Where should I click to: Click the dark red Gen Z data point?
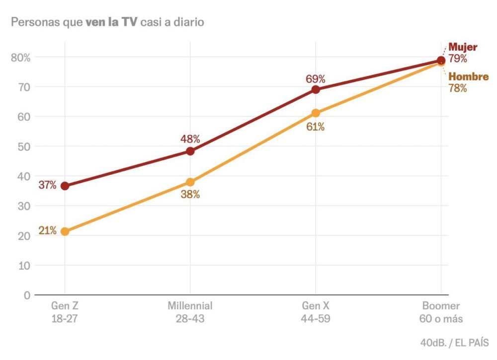tap(65, 186)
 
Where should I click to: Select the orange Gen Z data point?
tap(65, 231)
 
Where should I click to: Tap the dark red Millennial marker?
tap(190, 151)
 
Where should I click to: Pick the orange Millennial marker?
tap(190, 182)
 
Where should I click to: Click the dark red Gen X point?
tap(316, 89)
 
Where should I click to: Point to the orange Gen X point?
tap(316, 113)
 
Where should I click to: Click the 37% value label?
tap(48, 186)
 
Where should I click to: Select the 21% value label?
tap(48, 231)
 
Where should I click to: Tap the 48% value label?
tap(190, 139)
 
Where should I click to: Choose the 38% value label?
tap(190, 195)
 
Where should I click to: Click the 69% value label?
tap(315, 78)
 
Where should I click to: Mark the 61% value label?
tap(315, 127)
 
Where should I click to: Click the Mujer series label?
tap(463, 48)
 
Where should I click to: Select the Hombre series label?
tap(468, 77)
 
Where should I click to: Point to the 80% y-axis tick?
tap(20, 57)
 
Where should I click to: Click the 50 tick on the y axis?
tap(23, 146)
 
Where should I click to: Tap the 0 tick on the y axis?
tap(27, 295)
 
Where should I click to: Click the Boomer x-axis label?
tap(441, 306)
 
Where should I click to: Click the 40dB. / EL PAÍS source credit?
tap(454, 343)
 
